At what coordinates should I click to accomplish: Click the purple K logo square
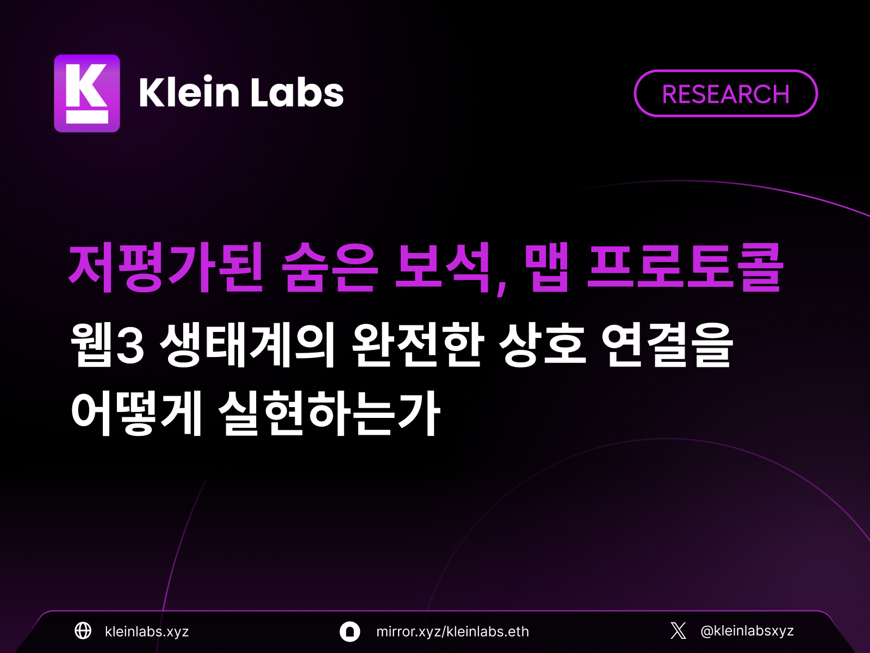coord(87,93)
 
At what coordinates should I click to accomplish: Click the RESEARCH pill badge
coord(726,94)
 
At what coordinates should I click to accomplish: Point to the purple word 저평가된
coord(166,268)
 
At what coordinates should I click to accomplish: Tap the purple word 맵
coord(547,268)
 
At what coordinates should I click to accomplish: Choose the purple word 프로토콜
coord(685,268)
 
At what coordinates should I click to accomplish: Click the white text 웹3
coord(107,344)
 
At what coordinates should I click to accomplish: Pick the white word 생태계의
coord(248,344)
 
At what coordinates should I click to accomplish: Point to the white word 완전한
coord(418,344)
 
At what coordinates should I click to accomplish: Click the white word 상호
coord(542,344)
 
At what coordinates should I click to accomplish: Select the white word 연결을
coord(667,344)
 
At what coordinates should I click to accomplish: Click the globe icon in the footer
coord(83,631)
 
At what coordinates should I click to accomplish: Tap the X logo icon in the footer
coord(678,631)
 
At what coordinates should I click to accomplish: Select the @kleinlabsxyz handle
coord(747,631)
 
